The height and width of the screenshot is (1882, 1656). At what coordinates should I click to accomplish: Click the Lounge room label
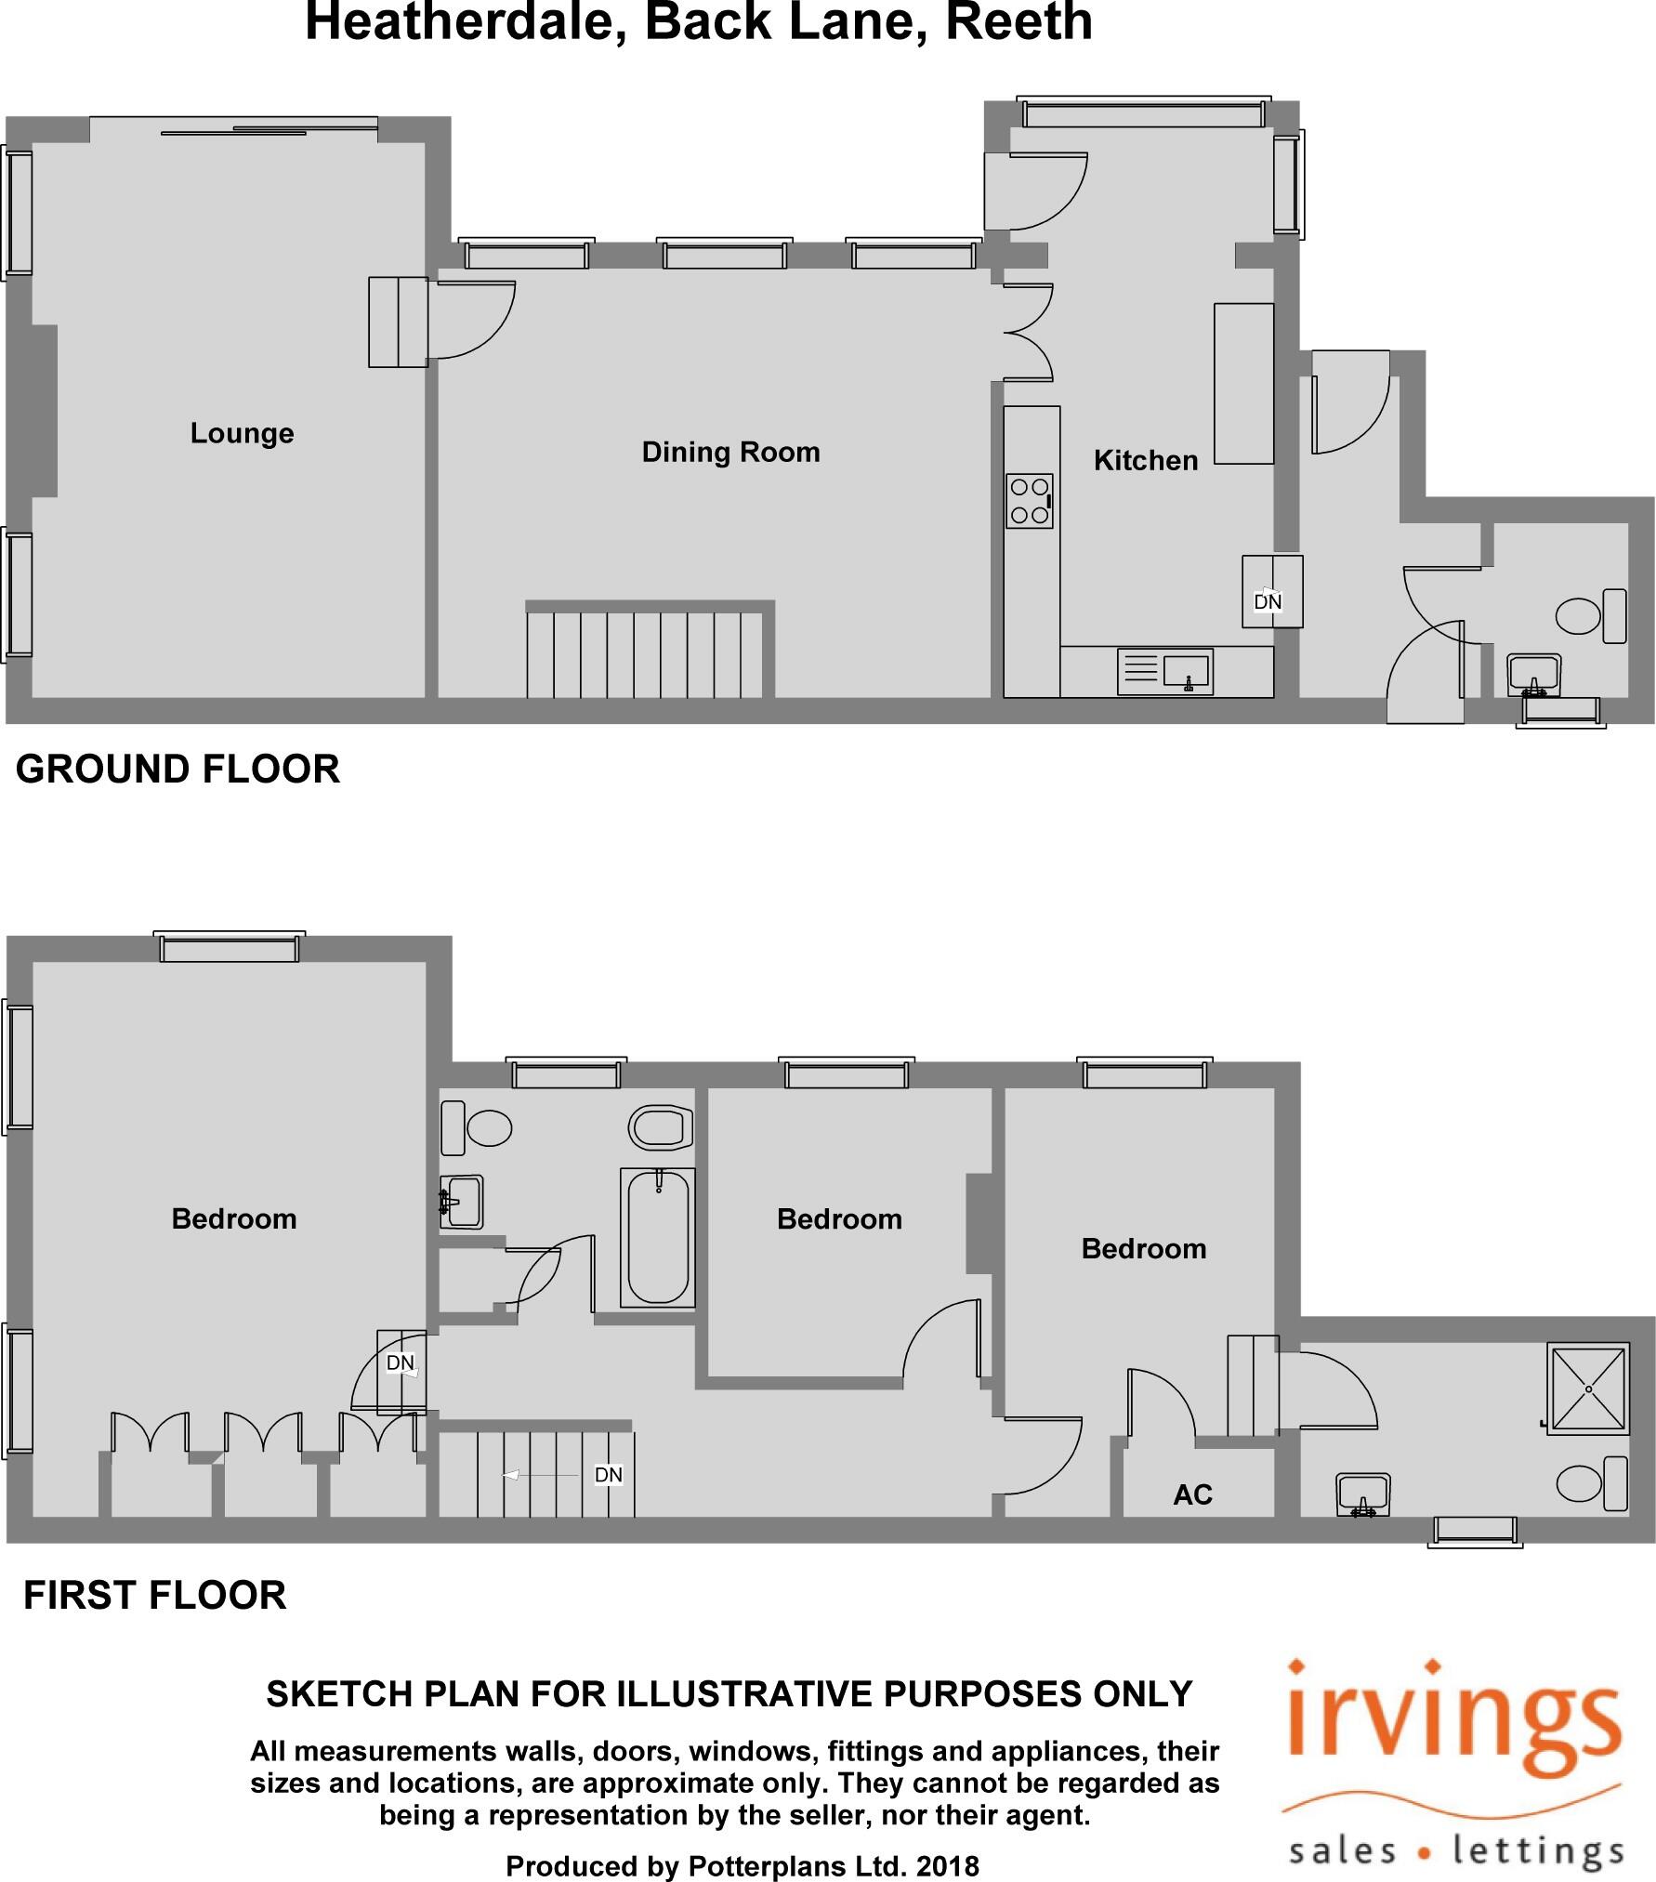pyautogui.click(x=242, y=433)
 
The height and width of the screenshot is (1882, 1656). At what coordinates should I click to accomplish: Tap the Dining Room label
pyautogui.click(x=730, y=453)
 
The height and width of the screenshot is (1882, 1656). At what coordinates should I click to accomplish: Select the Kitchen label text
pyautogui.click(x=1145, y=461)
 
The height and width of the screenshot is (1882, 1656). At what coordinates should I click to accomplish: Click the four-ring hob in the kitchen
pyautogui.click(x=1030, y=501)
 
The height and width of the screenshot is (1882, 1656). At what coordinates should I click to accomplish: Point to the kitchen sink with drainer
pyautogui.click(x=1165, y=670)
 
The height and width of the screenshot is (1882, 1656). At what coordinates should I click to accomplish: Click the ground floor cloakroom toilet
pyautogui.click(x=1589, y=615)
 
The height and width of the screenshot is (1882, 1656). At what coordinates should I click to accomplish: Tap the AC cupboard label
pyautogui.click(x=1192, y=1494)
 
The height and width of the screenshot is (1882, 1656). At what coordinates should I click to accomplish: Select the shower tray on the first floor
pyautogui.click(x=1588, y=1389)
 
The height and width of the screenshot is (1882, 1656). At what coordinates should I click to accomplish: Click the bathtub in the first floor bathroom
pyautogui.click(x=658, y=1238)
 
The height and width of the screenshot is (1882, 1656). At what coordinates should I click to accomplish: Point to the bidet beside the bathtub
pyautogui.click(x=661, y=1128)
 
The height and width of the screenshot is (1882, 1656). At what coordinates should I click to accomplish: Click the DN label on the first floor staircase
pyautogui.click(x=608, y=1475)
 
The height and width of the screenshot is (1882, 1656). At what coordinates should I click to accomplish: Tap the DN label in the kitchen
pyautogui.click(x=1268, y=602)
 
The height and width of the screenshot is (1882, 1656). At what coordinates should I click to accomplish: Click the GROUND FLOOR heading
pyautogui.click(x=177, y=770)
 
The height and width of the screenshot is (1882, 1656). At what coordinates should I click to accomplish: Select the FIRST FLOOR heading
pyautogui.click(x=154, y=1595)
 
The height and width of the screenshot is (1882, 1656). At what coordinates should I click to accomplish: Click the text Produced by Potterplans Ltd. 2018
pyautogui.click(x=742, y=1866)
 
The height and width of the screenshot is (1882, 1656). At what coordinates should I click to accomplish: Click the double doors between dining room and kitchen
pyautogui.click(x=1027, y=333)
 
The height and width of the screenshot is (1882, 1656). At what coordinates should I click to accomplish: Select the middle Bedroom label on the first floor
pyautogui.click(x=839, y=1219)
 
